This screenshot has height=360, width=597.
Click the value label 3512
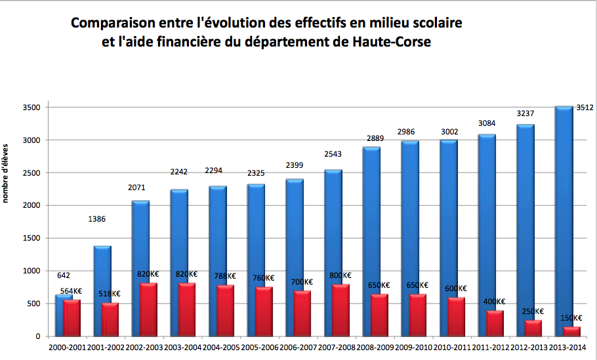tap(585, 108)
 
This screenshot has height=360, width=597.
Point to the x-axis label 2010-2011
tap(447, 348)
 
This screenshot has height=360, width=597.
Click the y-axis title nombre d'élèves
tap(5, 172)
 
